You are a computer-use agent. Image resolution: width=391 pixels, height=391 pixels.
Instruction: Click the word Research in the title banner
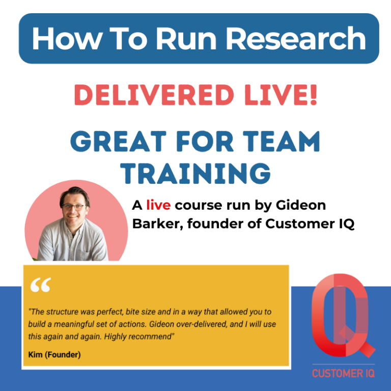(297, 39)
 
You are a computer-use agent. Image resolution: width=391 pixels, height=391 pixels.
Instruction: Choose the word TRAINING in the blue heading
(195, 173)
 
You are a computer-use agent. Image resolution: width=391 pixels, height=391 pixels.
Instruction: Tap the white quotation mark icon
(40, 286)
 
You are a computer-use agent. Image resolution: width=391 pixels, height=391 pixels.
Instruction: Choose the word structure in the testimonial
(65, 311)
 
